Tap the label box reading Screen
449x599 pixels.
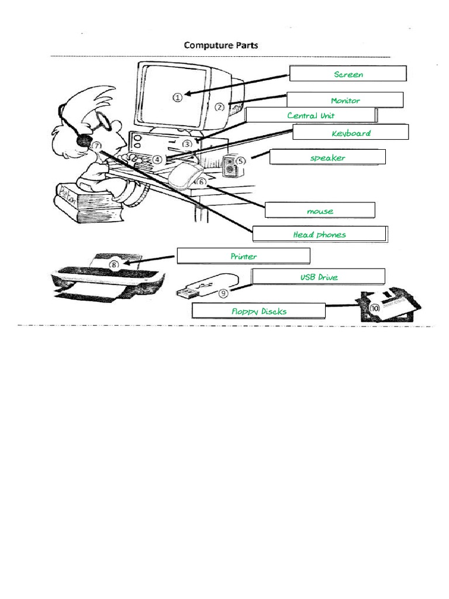[348, 74]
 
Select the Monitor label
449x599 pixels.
[345, 101]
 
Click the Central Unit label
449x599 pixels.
[310, 115]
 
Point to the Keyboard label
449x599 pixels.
[350, 133]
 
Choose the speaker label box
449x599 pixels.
[327, 157]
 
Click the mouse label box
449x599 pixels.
[320, 211]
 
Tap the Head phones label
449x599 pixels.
[319, 235]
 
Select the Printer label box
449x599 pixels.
[243, 256]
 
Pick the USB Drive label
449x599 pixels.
[319, 277]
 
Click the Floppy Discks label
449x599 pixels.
[258, 311]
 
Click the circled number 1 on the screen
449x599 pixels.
[177, 98]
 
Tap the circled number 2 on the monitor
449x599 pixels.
[219, 107]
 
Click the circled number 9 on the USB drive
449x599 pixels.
[223, 294]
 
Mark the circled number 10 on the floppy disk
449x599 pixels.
[375, 307]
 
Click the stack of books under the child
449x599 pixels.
[88, 202]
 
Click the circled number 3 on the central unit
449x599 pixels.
[187, 143]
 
